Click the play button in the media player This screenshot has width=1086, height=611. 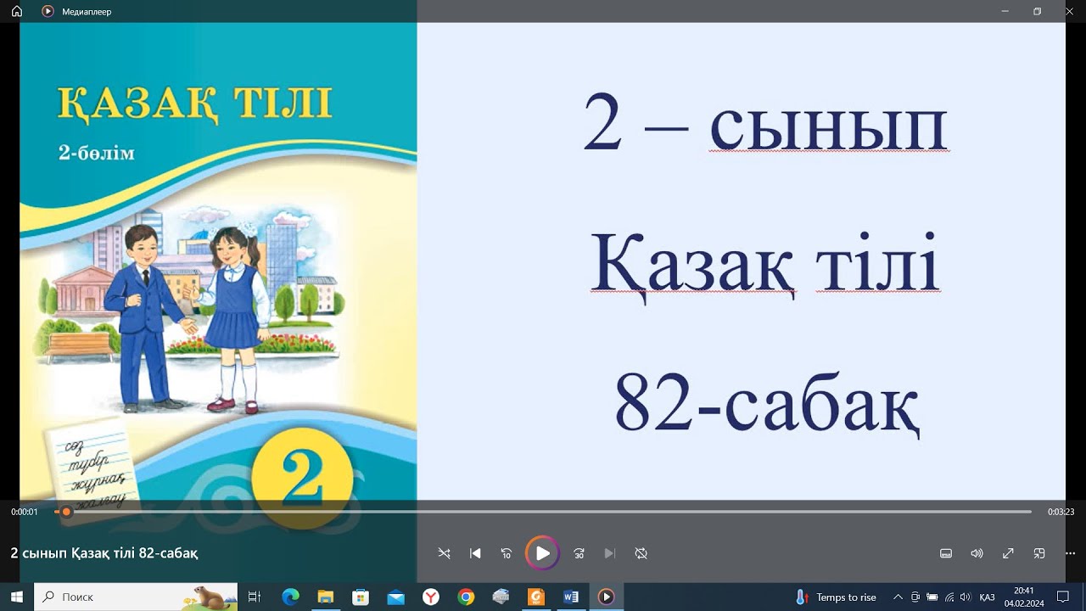(x=542, y=553)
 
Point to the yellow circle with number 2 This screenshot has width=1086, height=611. (x=302, y=479)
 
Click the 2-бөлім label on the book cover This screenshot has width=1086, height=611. (x=96, y=154)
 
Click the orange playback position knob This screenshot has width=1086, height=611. (x=66, y=512)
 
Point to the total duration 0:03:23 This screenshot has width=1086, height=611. (x=1061, y=512)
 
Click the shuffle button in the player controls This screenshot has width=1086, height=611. (x=444, y=553)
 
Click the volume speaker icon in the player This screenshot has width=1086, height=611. (x=977, y=553)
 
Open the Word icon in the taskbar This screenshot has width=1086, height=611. (x=570, y=597)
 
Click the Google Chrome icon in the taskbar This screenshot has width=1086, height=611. (x=466, y=597)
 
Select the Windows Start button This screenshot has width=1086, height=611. (x=16, y=597)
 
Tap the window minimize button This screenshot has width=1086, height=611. (x=1005, y=11)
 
